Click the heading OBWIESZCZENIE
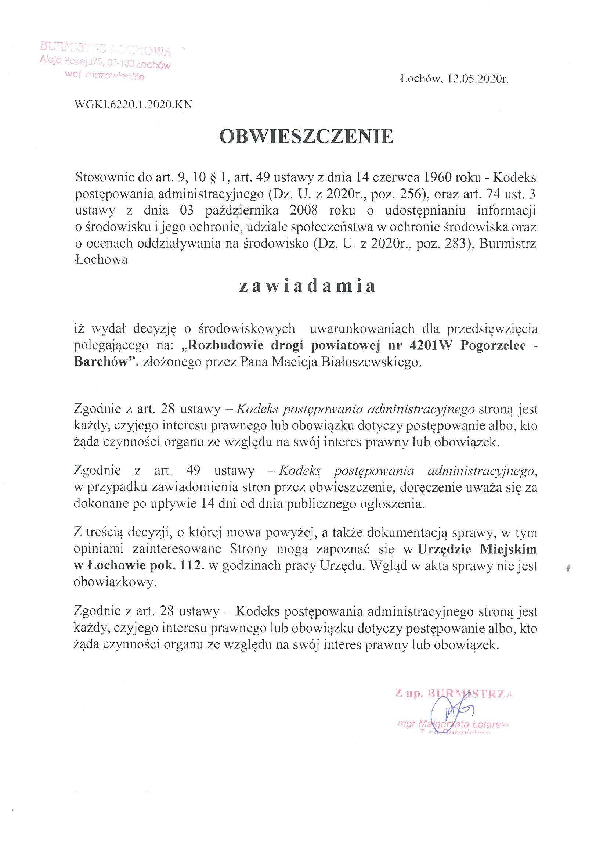point(306,136)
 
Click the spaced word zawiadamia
point(307,286)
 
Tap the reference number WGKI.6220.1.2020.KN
point(134,105)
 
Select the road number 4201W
point(431,345)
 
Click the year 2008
point(304,210)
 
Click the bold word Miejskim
point(508,549)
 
